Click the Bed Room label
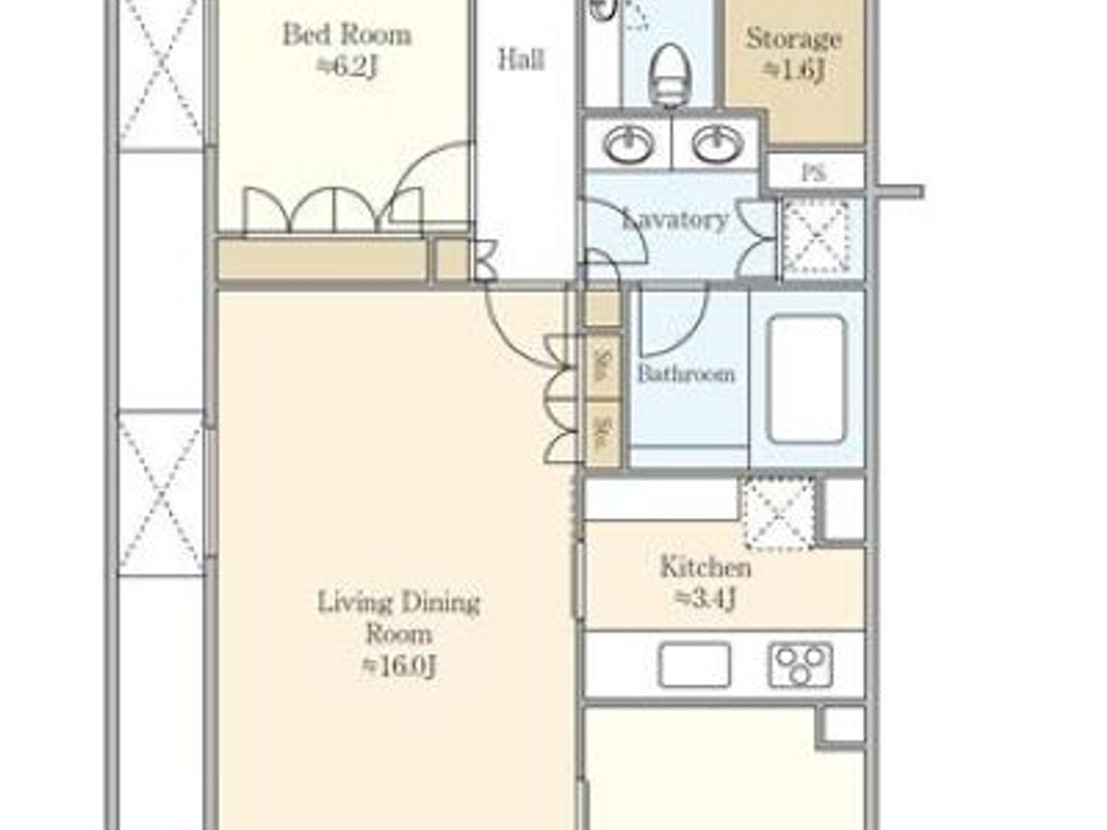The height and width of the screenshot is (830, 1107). pyautogui.click(x=346, y=35)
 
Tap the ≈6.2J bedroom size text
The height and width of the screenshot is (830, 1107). pyautogui.click(x=347, y=66)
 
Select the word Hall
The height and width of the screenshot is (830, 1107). pyautogui.click(x=521, y=58)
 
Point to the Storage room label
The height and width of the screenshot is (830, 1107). pyautogui.click(x=793, y=38)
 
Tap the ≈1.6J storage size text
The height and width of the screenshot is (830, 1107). pyautogui.click(x=794, y=70)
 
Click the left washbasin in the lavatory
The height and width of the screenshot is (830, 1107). pyautogui.click(x=629, y=144)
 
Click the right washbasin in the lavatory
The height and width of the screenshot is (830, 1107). pyautogui.click(x=718, y=144)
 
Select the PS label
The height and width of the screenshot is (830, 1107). pyautogui.click(x=814, y=172)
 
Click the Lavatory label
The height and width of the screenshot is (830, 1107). pyautogui.click(x=676, y=219)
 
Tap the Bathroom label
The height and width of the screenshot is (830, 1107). pyautogui.click(x=686, y=373)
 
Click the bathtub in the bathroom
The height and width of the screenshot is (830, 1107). pyautogui.click(x=807, y=379)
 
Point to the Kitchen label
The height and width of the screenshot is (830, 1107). pyautogui.click(x=705, y=567)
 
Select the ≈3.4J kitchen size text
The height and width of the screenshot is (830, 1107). pyautogui.click(x=705, y=598)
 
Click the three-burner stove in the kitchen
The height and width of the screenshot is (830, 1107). pyautogui.click(x=800, y=665)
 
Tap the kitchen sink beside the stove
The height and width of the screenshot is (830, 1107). pyautogui.click(x=694, y=665)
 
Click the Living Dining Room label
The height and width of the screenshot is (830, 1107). pyautogui.click(x=399, y=617)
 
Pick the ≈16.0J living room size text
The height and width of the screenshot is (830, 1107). pyautogui.click(x=399, y=666)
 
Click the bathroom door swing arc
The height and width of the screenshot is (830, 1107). pyautogui.click(x=676, y=324)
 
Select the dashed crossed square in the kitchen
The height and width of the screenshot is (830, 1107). pyautogui.click(x=779, y=513)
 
